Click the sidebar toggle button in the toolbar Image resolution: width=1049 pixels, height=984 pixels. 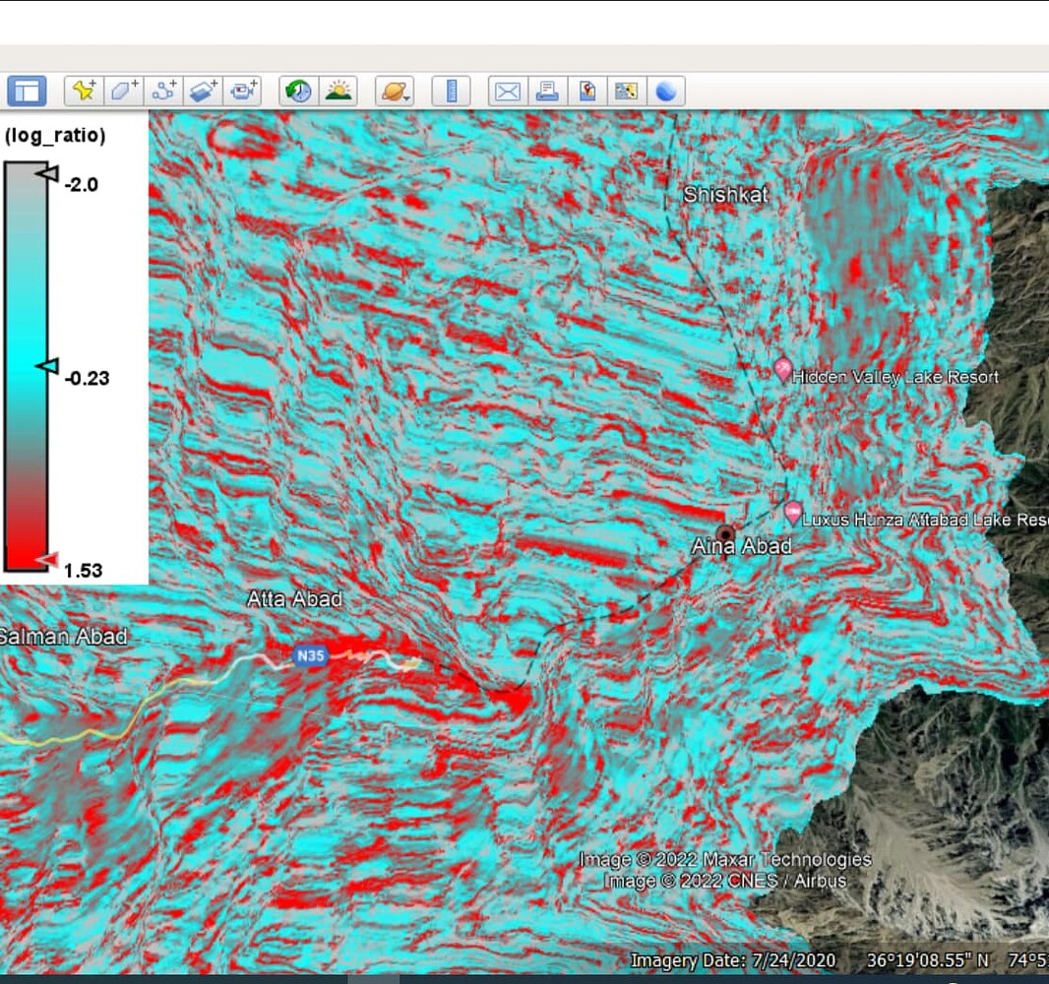pos(27,92)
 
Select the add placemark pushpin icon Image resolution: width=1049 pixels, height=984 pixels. pos(84,92)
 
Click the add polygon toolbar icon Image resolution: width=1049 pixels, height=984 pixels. pos(123,92)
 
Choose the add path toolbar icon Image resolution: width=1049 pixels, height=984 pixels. pos(162,92)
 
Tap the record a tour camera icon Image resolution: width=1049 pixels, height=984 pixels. pos(241,92)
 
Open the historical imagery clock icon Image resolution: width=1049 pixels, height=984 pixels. pos(298,92)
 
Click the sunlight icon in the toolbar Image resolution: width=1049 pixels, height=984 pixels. pos(339,92)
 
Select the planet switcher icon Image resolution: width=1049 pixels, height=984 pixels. pos(395,92)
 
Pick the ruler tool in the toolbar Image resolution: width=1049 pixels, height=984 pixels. pos(452,92)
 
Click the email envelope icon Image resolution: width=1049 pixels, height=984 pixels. pos(507,92)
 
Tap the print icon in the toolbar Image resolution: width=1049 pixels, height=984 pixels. pos(546,92)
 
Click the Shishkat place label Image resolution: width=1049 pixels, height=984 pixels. pos(725,195)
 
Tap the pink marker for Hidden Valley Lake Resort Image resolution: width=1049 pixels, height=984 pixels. pos(783,370)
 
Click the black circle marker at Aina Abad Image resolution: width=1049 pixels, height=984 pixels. pos(726,533)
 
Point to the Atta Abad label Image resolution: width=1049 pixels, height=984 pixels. pos(294,598)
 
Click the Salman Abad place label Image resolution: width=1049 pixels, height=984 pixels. pos(63,637)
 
